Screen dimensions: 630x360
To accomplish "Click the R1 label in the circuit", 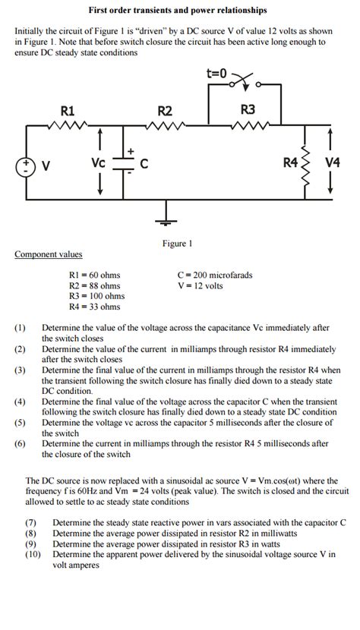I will [68, 111].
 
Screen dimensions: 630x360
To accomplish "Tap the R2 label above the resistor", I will [165, 111].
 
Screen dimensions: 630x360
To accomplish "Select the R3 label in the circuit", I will [248, 109].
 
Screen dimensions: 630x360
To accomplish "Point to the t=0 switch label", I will [216, 74].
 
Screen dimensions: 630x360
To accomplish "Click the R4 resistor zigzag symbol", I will [307, 164].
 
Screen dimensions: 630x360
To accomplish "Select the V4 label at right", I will [332, 163].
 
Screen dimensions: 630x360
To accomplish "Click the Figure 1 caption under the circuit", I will [178, 244].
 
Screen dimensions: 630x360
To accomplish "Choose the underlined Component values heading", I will [49, 254].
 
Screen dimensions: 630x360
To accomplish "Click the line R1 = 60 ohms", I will [94, 275].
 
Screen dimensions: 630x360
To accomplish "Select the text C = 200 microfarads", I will [214, 275].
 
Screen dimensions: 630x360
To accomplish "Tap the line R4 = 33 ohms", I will [94, 307].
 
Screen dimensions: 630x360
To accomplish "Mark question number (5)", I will [20, 422].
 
